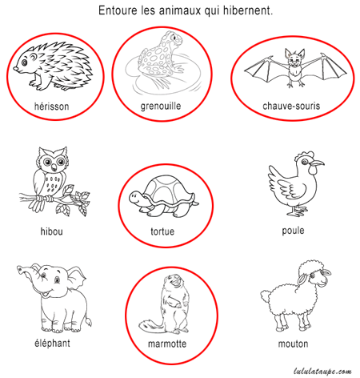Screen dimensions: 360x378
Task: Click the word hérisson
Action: click(x=52, y=107)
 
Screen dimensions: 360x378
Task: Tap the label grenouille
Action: click(x=161, y=107)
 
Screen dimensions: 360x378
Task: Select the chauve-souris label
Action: click(x=291, y=106)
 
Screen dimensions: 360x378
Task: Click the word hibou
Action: click(x=52, y=231)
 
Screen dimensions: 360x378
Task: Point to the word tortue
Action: click(x=162, y=231)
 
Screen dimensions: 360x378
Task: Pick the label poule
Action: click(x=293, y=231)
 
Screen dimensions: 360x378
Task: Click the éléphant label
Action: click(x=52, y=343)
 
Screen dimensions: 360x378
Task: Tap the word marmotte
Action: click(x=167, y=344)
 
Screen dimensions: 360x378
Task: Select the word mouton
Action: click(x=293, y=344)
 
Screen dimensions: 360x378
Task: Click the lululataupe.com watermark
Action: click(x=322, y=372)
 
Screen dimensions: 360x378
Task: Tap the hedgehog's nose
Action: click(x=16, y=69)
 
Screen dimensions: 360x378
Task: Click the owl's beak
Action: click(x=54, y=167)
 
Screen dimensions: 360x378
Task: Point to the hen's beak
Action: click(x=317, y=163)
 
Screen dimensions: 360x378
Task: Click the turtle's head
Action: click(x=137, y=198)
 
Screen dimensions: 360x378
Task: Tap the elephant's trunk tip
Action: click(x=20, y=269)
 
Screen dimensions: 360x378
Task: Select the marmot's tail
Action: click(x=150, y=325)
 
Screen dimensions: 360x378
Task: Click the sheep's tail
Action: click(x=266, y=296)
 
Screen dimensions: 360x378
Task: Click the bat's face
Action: click(x=294, y=62)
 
